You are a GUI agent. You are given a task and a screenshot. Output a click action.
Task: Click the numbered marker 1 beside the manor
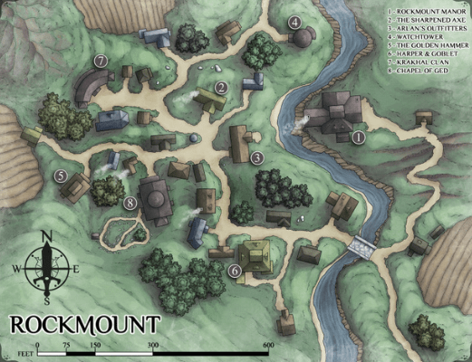pos(358,138)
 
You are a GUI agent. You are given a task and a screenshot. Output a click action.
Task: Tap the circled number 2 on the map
pos(221,88)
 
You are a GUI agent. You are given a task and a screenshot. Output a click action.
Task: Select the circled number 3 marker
pos(256,157)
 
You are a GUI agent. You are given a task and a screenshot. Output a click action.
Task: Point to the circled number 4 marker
pos(294,22)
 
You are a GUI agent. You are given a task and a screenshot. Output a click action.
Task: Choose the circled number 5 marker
pos(60,176)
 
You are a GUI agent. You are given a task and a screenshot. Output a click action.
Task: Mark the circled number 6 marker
pos(234,270)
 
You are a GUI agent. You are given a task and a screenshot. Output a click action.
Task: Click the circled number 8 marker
pos(130,203)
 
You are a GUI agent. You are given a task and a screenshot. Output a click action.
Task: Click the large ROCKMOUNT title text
pos(85,324)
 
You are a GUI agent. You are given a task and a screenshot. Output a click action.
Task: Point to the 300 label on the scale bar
pos(153,345)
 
